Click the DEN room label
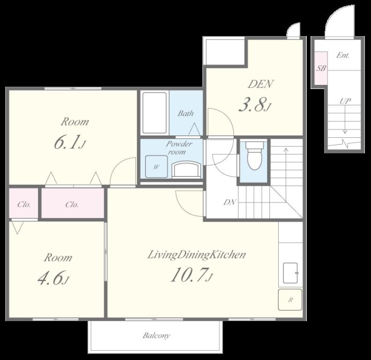(x=261, y=84)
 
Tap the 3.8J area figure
(x=254, y=105)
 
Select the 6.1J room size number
(x=69, y=142)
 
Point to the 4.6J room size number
(x=53, y=278)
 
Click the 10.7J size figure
(x=192, y=275)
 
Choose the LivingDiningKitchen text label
(x=196, y=255)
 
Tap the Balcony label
(x=156, y=336)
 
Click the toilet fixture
(x=254, y=156)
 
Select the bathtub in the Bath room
(x=155, y=113)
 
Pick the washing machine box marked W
(x=156, y=166)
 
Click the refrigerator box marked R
(x=290, y=300)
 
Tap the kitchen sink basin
(x=290, y=273)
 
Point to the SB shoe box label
(x=321, y=68)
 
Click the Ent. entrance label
(x=343, y=55)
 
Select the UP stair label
(x=345, y=101)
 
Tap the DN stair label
(x=230, y=202)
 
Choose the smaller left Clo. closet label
(x=24, y=204)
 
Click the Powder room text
(x=178, y=148)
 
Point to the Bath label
(x=186, y=113)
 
